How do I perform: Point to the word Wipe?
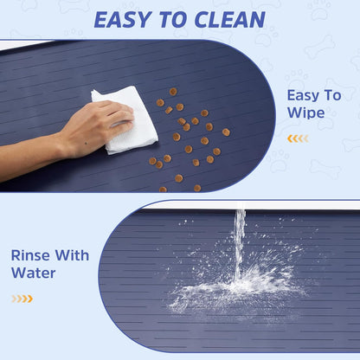tap(308, 112)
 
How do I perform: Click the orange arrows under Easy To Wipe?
tap(297, 138)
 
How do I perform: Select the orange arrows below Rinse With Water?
tap(22, 299)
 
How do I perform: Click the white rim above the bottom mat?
tap(251, 205)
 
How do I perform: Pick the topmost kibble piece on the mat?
tap(173, 91)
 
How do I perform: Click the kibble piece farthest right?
tap(226, 132)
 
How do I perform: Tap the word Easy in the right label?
tap(303, 95)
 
